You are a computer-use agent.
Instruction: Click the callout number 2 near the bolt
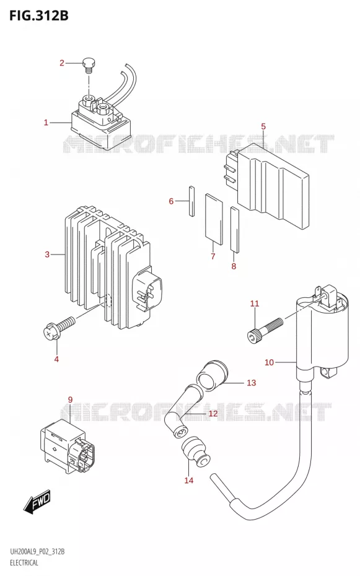coord(62,63)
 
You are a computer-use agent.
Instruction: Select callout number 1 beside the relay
coord(46,123)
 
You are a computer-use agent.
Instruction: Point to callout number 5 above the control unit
coord(263,127)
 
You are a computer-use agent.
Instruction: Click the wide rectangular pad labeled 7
coord(214,219)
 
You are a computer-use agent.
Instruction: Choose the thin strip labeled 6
coord(191,202)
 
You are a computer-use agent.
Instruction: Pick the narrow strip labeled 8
coord(235,230)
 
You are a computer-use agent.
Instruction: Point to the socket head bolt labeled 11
coord(265,329)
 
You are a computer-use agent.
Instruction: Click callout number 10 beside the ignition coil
coord(270,362)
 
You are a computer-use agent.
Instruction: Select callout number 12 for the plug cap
coord(213,414)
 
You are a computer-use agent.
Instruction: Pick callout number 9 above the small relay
coord(71,399)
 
